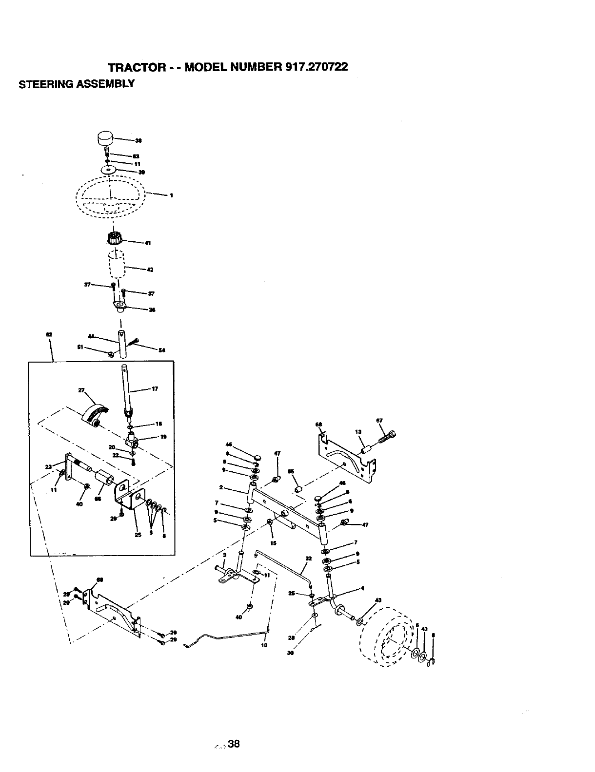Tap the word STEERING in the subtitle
coord(41,84)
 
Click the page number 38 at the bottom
coord(234,744)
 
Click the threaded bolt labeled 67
coord(387,435)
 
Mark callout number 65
coord(291,472)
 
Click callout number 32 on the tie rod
coord(308,559)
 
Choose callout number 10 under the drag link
coord(264,645)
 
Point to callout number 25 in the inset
coord(138,534)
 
